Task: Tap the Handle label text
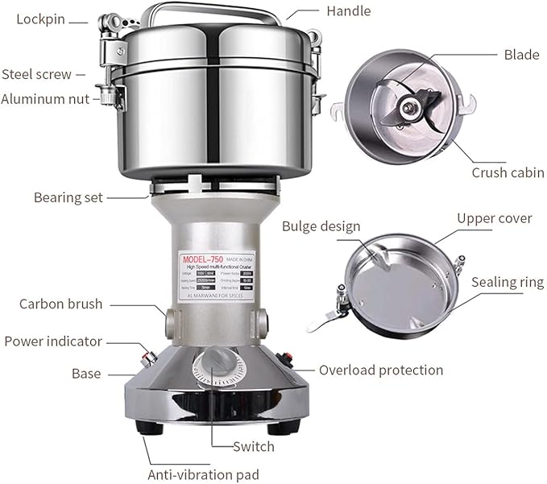coord(348,11)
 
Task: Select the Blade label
coord(521,55)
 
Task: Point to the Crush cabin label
coord(508,172)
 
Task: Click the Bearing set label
coord(68,197)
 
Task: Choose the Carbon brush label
coord(61,304)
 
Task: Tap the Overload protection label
coord(381,370)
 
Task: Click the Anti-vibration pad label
coord(202,474)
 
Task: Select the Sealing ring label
coord(508,282)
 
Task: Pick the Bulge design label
coord(321,225)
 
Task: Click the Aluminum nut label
coord(45,99)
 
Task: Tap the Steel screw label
coord(37,74)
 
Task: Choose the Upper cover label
coord(494,218)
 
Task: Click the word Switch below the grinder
coord(253,446)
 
